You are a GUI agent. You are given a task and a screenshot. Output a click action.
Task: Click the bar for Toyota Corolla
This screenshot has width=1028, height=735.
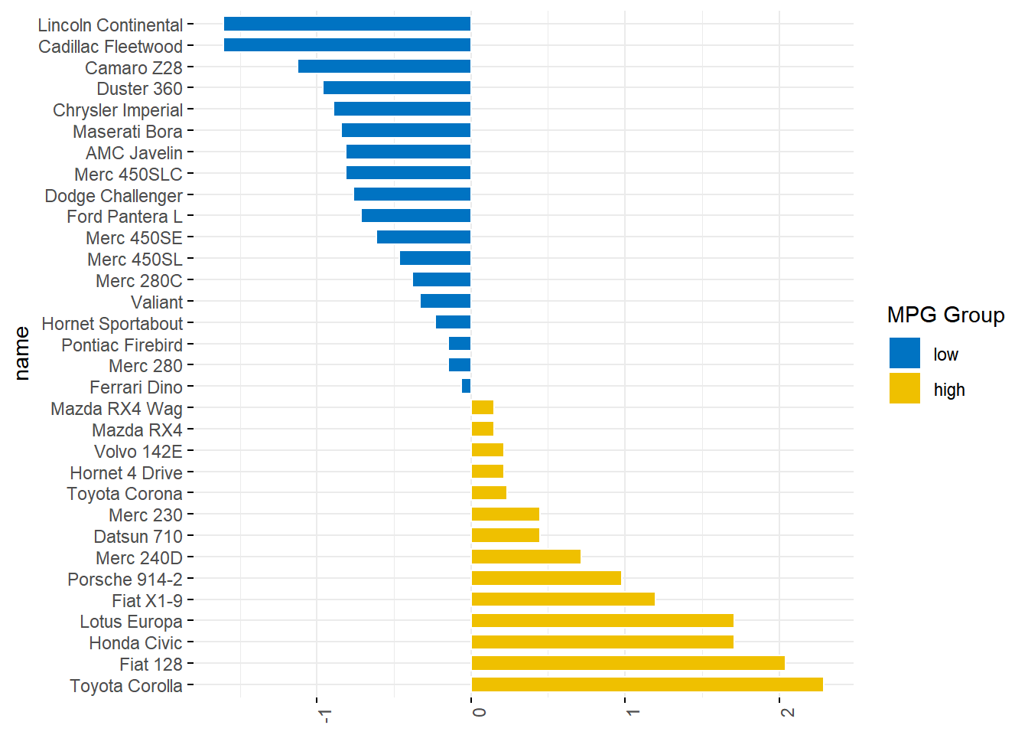646,684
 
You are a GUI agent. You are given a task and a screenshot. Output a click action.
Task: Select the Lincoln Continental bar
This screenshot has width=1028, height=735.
347,24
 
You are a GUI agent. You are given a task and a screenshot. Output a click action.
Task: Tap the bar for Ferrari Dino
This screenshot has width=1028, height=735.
467,387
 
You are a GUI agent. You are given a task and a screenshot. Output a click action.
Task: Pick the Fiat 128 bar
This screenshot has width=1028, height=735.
627,663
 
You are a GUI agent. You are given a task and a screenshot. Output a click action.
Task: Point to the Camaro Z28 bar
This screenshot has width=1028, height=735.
384,67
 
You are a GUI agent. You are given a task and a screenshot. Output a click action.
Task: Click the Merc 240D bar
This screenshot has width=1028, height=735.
525,557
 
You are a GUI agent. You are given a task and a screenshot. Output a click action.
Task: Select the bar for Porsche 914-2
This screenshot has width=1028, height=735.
546,578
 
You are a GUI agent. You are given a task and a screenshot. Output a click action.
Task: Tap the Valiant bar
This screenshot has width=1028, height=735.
445,302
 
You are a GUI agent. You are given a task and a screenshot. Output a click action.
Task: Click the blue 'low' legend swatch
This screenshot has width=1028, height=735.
904,354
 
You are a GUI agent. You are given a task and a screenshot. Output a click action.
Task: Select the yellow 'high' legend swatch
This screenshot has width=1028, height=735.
904,388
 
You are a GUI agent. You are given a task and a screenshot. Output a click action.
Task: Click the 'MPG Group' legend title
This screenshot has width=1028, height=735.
945,315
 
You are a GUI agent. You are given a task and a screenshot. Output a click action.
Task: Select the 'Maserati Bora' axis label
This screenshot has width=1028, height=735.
128,132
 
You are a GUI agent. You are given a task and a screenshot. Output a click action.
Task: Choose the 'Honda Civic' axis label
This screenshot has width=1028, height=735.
135,643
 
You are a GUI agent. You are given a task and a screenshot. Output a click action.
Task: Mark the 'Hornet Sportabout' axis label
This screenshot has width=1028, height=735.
112,324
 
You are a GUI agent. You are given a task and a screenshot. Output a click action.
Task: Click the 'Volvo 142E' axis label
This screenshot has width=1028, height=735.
138,452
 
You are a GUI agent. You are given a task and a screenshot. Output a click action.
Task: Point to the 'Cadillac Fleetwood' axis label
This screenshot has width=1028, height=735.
111,47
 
